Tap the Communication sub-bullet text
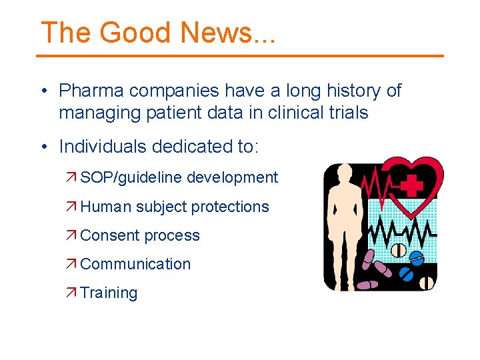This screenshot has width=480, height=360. (135, 264)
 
